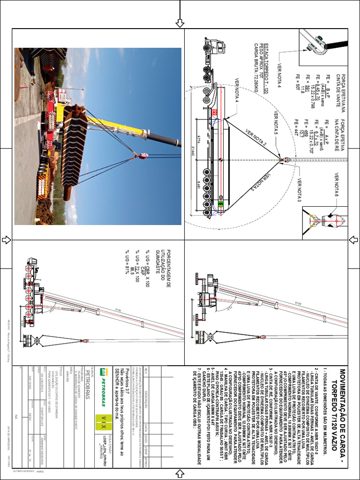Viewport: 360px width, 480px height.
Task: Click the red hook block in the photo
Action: [x=143, y=155]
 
